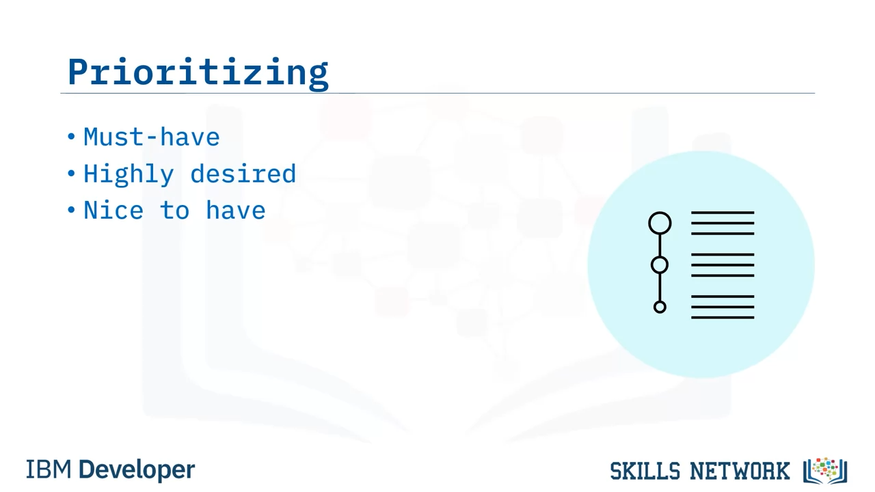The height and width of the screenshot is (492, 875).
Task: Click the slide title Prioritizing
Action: click(x=198, y=73)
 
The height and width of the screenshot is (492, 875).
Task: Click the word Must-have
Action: click(x=152, y=137)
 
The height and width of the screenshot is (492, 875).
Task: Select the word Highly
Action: click(x=129, y=174)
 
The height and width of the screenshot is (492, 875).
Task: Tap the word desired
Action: click(x=243, y=174)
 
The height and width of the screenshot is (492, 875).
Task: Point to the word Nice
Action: click(x=113, y=210)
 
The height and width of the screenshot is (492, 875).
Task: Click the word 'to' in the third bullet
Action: click(x=174, y=210)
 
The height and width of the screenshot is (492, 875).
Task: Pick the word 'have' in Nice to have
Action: click(x=236, y=210)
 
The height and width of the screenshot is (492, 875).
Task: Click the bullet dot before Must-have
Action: click(x=71, y=137)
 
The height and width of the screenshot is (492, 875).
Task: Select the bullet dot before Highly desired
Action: click(x=71, y=173)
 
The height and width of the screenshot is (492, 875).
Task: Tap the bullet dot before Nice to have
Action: click(x=71, y=210)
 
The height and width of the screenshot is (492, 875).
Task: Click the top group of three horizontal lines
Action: click(x=723, y=223)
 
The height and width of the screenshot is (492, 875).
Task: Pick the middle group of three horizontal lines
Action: click(x=723, y=265)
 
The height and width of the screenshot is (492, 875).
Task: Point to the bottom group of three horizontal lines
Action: click(x=723, y=307)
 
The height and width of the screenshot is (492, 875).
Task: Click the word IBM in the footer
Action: click(x=49, y=469)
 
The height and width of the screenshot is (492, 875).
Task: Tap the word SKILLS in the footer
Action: click(x=645, y=471)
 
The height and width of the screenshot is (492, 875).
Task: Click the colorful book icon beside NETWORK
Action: click(x=825, y=471)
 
